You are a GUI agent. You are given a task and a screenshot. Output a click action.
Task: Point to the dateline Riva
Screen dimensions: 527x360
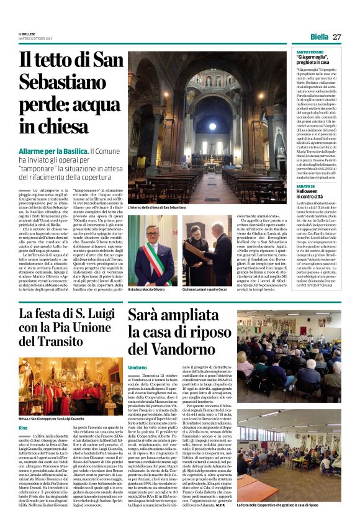[x=23, y=428]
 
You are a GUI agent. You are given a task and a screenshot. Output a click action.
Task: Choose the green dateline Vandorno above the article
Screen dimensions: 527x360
[x=137, y=367]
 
